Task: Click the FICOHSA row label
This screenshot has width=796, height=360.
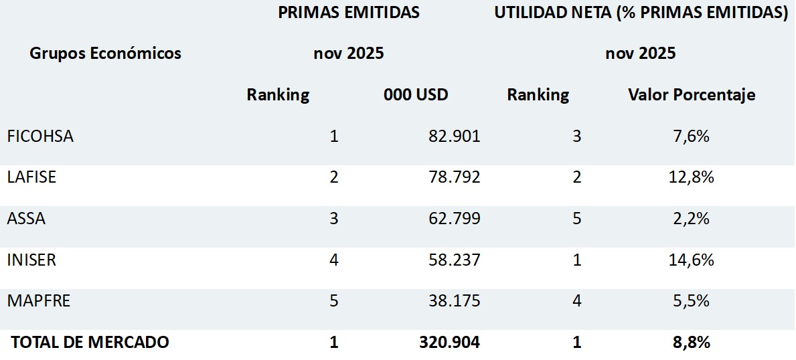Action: (x=40, y=137)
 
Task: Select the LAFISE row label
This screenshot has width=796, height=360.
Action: (x=31, y=177)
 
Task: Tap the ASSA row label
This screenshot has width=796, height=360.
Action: (x=26, y=219)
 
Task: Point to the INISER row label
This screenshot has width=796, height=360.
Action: (x=31, y=260)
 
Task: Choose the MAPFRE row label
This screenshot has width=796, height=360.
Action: (x=38, y=301)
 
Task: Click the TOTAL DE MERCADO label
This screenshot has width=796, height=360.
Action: (x=90, y=343)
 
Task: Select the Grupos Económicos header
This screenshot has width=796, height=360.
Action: (x=105, y=54)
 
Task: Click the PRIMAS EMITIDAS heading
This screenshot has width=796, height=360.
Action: (x=349, y=13)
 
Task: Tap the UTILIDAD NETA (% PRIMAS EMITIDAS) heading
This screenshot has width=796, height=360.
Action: (x=641, y=13)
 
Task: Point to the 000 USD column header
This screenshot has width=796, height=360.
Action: (x=416, y=95)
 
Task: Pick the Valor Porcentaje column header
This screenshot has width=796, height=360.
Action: (x=692, y=95)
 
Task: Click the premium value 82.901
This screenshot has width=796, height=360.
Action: (x=454, y=137)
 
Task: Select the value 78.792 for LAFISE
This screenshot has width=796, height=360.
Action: (x=454, y=177)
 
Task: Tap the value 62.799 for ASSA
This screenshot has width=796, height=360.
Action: (x=454, y=219)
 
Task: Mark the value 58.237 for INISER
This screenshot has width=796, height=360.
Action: (x=454, y=260)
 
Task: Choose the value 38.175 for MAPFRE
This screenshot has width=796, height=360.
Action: (x=454, y=301)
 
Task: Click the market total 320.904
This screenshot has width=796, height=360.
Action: (x=449, y=343)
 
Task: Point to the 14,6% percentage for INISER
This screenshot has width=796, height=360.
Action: (x=692, y=260)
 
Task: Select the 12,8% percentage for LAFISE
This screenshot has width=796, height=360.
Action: (x=692, y=177)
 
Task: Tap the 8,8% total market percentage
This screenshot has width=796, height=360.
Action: (x=692, y=343)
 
